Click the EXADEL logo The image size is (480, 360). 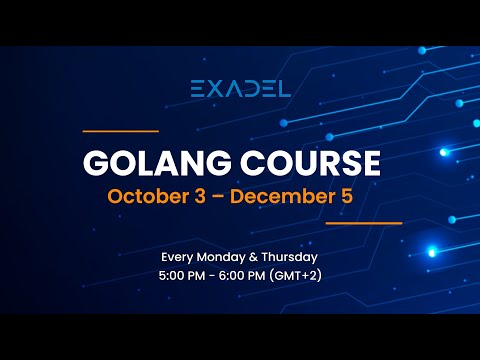[x=240, y=88]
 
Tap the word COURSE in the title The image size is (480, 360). [x=312, y=163]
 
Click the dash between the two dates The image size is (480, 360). [x=220, y=195]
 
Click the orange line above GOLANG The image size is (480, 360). [x=120, y=130]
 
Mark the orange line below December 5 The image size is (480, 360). [x=363, y=223]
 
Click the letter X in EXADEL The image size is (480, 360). [x=216, y=88]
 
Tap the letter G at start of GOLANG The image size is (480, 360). [x=96, y=163]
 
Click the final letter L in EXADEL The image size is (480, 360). [x=285, y=88]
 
